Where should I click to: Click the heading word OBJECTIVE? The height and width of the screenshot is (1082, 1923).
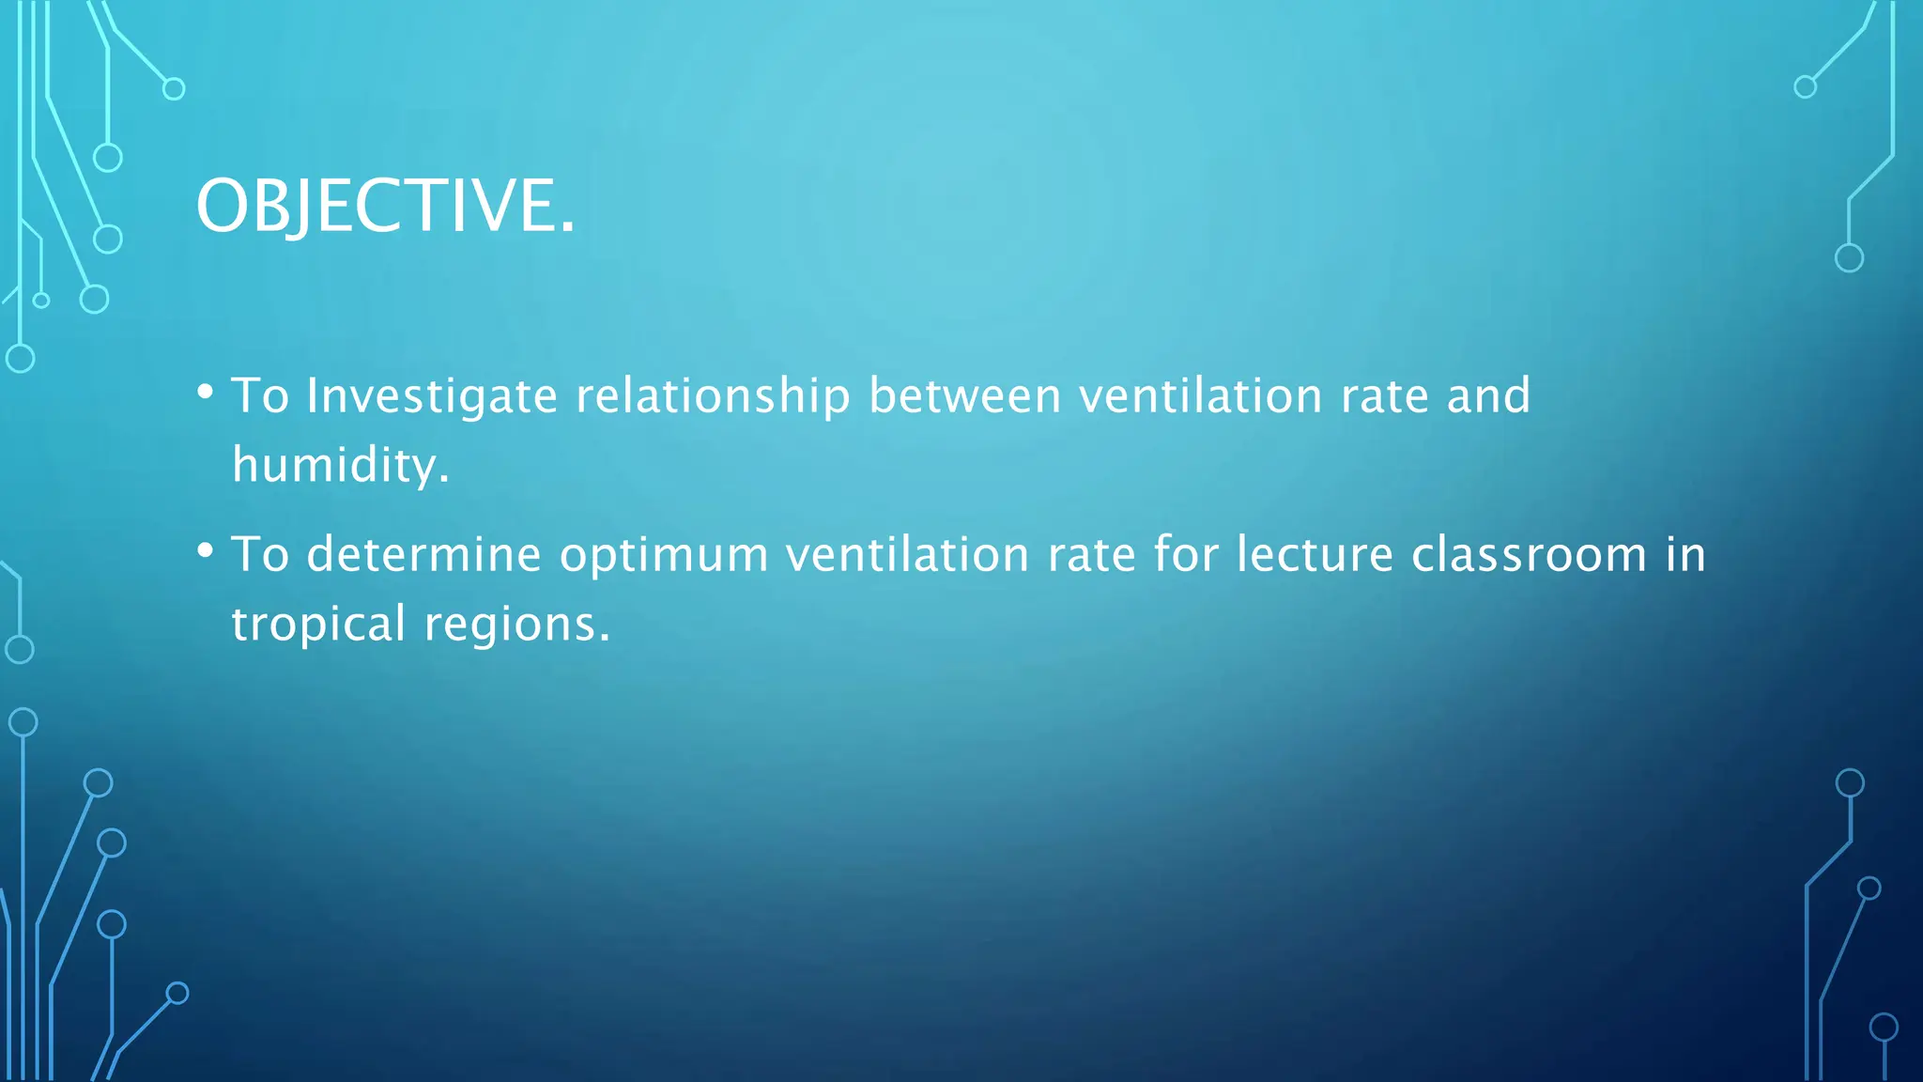pos(385,206)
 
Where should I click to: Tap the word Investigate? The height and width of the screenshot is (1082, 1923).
pos(432,395)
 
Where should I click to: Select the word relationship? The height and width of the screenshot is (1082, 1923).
pos(713,395)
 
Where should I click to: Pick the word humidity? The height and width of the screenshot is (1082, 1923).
pos(340,465)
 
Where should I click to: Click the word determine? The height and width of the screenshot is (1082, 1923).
pos(423,554)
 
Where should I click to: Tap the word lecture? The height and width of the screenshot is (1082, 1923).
pos(1315,554)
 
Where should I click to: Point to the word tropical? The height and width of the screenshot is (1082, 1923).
pos(318,625)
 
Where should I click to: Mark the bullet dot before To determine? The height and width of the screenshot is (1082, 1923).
pos(206,551)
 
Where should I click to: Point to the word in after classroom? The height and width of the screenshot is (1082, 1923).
pos(1686,554)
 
